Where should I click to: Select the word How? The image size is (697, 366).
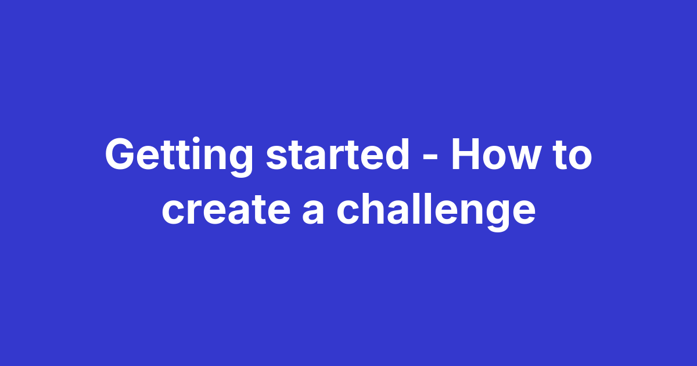[x=496, y=155]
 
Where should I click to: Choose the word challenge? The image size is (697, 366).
[x=436, y=210]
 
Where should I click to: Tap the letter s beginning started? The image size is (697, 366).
[x=275, y=158]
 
